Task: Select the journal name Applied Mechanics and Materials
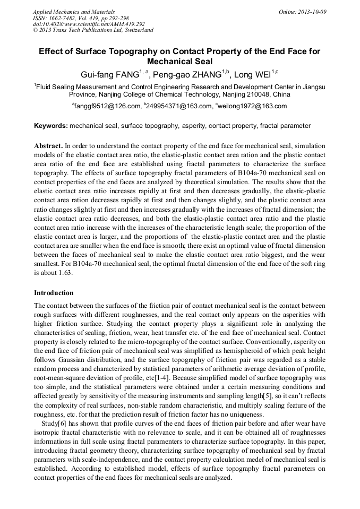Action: [74, 11]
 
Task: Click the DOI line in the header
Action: [89, 24]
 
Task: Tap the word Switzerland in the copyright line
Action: [137, 30]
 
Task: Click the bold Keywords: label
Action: [51, 126]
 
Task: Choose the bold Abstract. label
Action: [49, 145]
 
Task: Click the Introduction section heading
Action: [54, 293]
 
